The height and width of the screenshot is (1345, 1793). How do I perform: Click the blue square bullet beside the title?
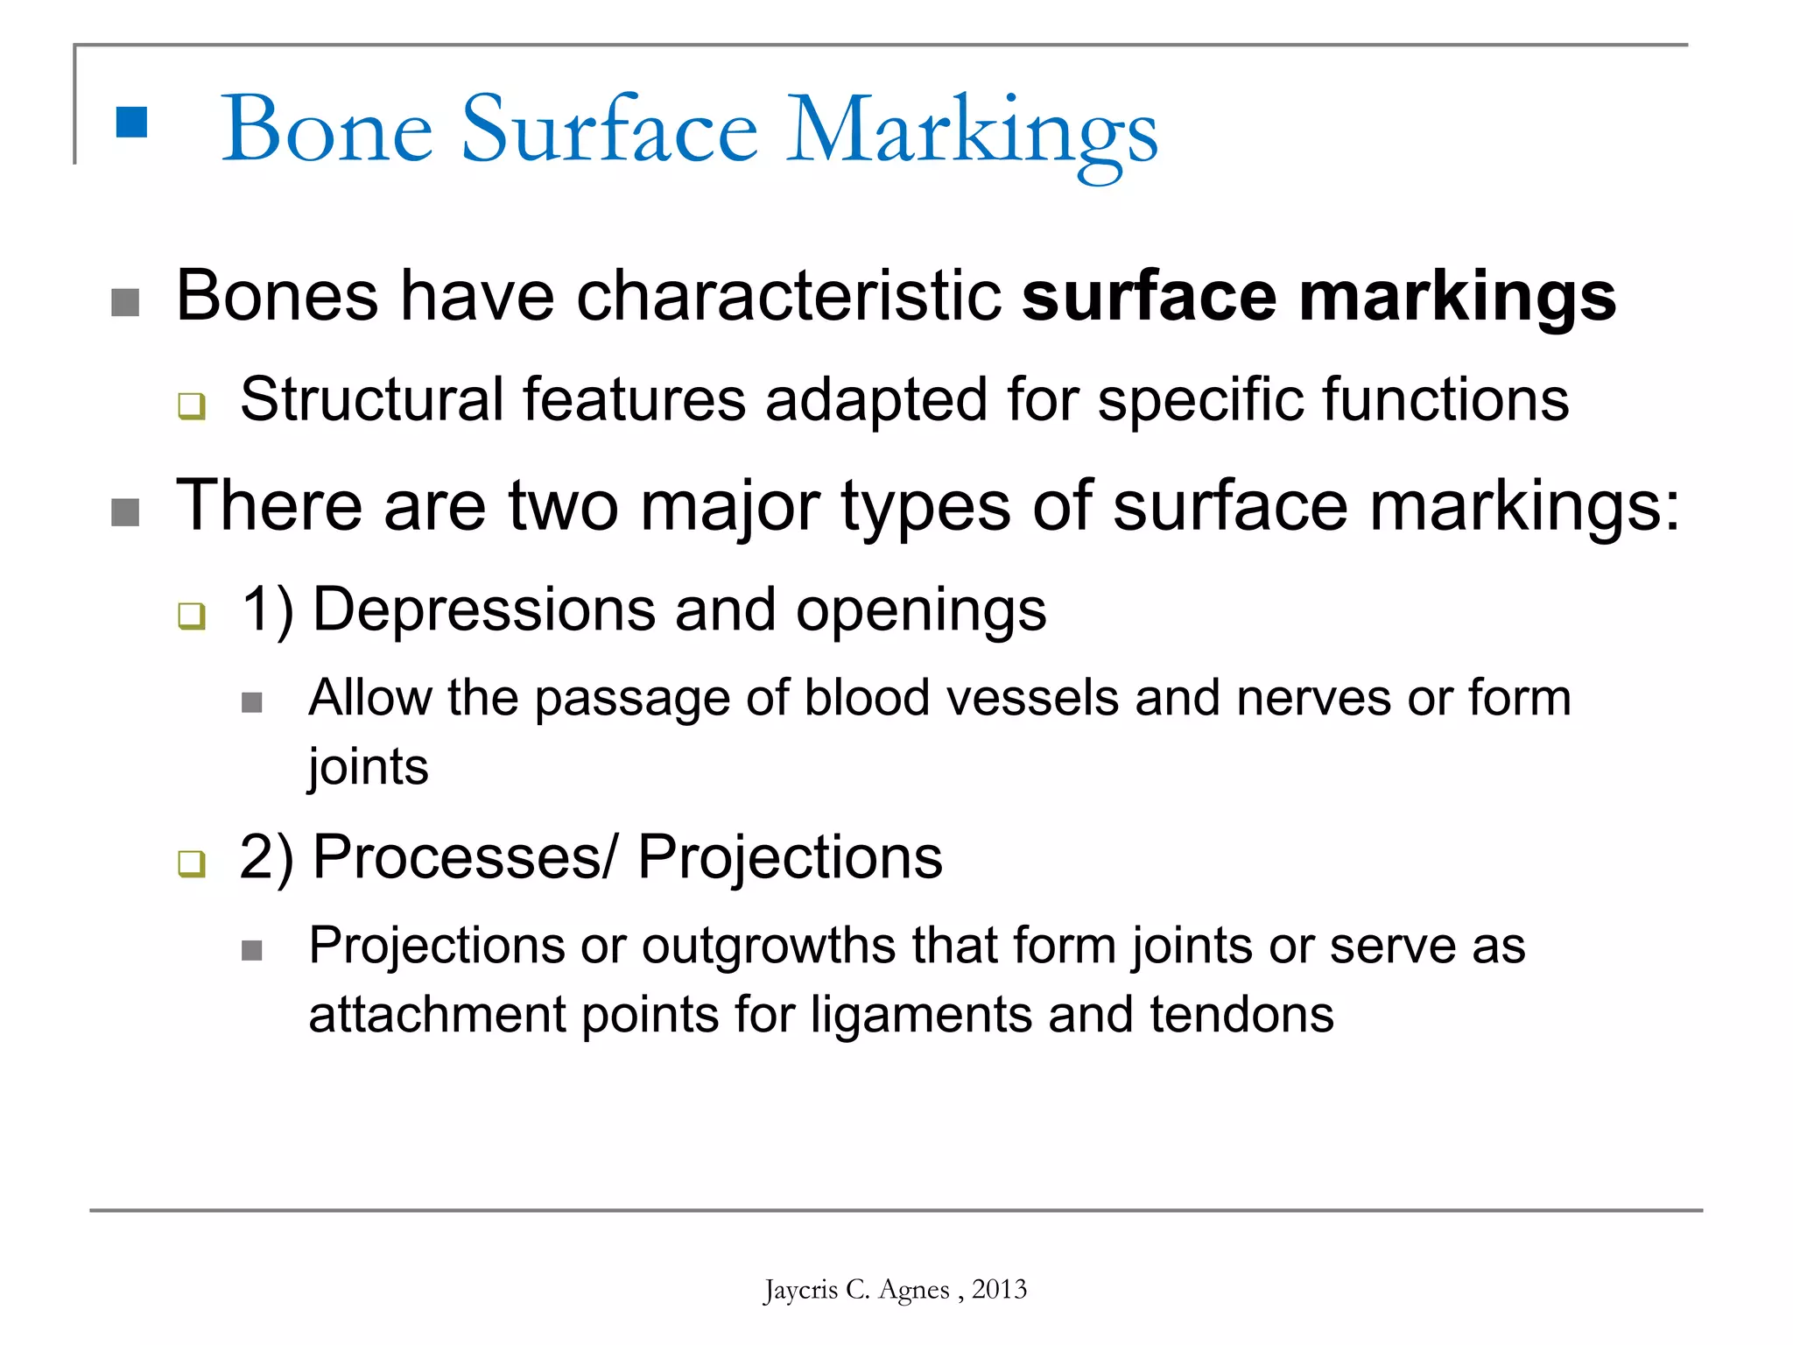[x=131, y=123]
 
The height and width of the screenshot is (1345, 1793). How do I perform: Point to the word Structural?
[x=371, y=399]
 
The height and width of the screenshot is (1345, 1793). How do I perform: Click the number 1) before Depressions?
[x=267, y=609]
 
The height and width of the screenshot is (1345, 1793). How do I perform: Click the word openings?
[x=920, y=611]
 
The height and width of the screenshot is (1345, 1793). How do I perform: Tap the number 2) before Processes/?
[x=266, y=857]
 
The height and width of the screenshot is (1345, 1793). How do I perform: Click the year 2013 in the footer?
[x=999, y=1289]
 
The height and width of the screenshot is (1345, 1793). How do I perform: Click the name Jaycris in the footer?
[x=800, y=1290]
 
